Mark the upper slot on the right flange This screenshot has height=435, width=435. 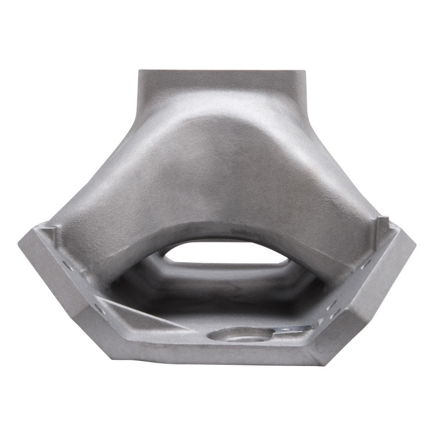[x=365, y=265]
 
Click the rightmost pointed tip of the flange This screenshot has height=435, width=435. [x=414, y=239]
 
